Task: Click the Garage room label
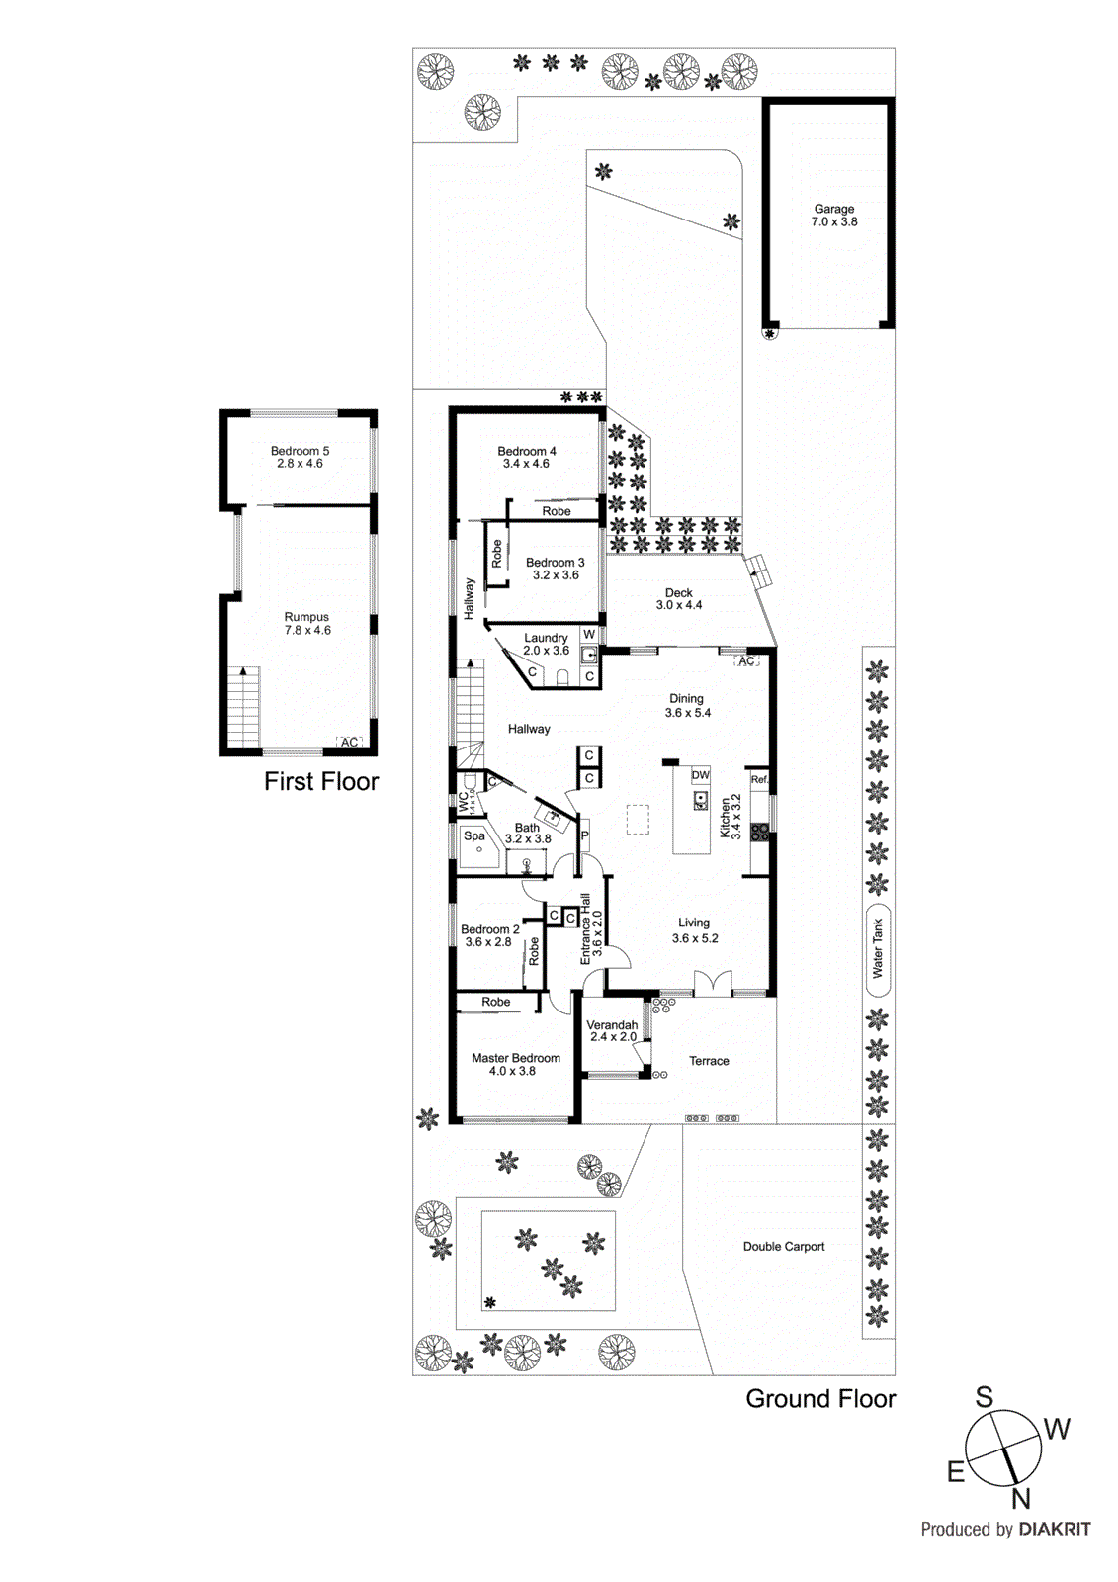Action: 833,209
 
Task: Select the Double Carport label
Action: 783,1247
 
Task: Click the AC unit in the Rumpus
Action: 349,742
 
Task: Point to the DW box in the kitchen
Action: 700,775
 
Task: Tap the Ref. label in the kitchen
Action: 758,780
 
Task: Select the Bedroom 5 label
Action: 300,451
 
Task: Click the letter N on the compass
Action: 1021,1499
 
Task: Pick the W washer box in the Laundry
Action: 589,635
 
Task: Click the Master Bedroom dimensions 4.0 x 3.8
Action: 512,1071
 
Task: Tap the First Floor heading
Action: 321,782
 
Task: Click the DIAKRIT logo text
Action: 1055,1529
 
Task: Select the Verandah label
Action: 612,1025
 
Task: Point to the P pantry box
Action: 584,836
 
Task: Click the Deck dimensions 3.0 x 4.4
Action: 679,605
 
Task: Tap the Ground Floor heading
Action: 819,1399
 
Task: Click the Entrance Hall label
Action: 585,929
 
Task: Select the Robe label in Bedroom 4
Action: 556,511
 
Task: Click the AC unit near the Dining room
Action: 746,660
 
